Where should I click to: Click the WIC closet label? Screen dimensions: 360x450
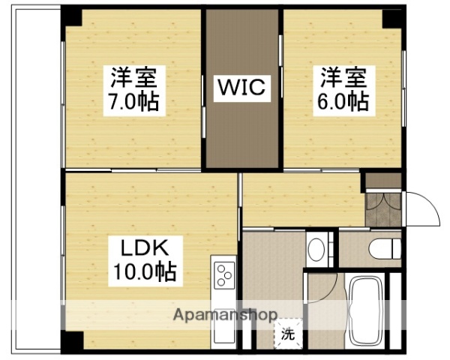coord(241,88)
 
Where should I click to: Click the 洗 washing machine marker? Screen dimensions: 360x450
coord(287,334)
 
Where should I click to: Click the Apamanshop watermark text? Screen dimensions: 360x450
coord(225,313)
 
